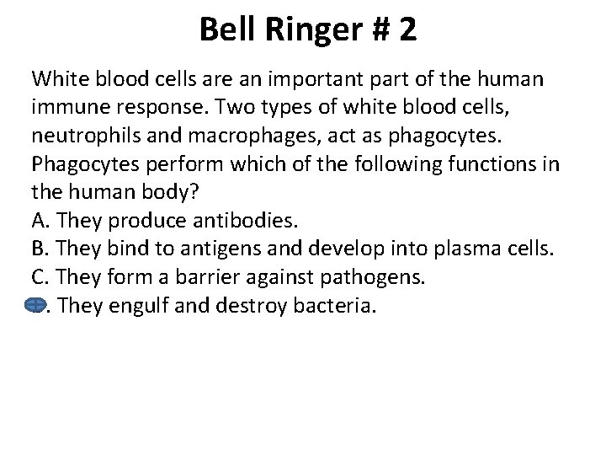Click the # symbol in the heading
coord(375,30)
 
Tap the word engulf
coord(137,305)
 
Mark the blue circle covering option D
coord(37,304)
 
